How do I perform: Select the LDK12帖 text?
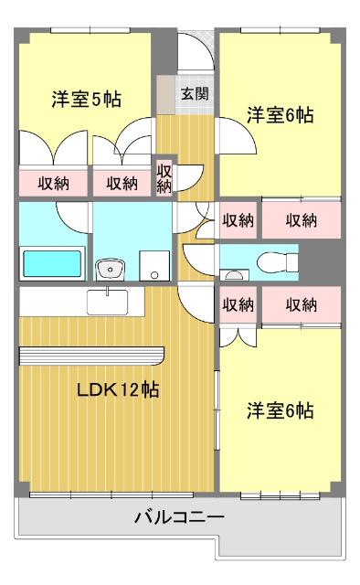pyautogui.click(x=118, y=389)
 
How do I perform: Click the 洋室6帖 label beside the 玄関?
pyautogui.click(x=281, y=116)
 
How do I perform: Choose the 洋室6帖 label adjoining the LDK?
pyautogui.click(x=281, y=410)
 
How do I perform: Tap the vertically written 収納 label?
pyautogui.click(x=164, y=178)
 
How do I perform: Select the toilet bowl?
pyautogui.click(x=278, y=261)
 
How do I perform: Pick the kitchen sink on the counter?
pyautogui.click(x=110, y=301)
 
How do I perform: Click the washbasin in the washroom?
pyautogui.click(x=112, y=268)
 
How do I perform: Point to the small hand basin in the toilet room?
pyautogui.click(x=234, y=273)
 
